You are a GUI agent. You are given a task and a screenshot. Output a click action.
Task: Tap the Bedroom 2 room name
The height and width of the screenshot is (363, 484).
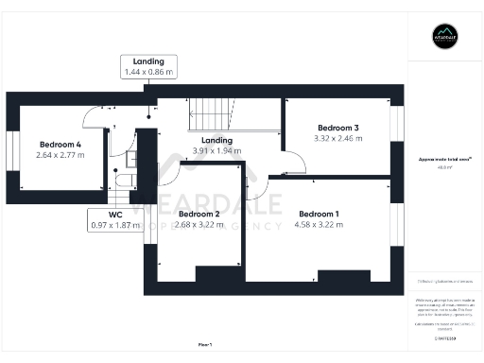[x=199, y=214]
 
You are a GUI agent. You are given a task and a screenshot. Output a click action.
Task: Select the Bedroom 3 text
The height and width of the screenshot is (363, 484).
[x=337, y=128]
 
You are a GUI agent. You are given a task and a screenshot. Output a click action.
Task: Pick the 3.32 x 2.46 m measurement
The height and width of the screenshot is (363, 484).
[x=337, y=139]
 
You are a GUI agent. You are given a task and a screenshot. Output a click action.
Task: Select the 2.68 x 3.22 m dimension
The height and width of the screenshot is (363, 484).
[x=199, y=225]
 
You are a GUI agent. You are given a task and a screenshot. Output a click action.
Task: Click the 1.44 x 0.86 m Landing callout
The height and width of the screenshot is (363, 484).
[x=148, y=66]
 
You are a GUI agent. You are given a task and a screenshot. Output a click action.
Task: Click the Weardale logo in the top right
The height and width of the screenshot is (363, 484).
[x=444, y=38]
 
